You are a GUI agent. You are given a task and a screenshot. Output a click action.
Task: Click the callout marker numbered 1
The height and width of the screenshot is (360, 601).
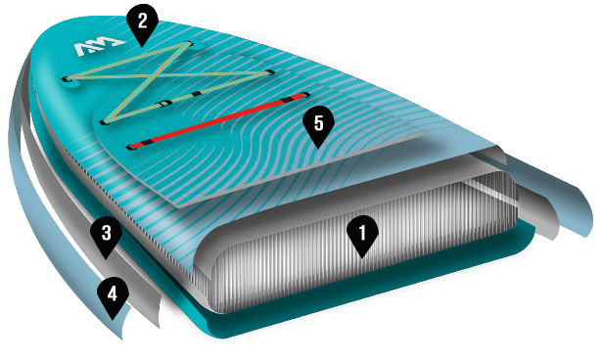[362, 234]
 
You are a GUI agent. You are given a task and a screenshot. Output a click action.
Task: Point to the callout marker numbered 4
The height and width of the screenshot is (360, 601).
[114, 293]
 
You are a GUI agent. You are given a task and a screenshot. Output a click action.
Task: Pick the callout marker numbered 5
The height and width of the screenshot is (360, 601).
[317, 124]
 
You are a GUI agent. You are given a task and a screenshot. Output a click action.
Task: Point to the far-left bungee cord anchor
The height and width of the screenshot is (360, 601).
[66, 78]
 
